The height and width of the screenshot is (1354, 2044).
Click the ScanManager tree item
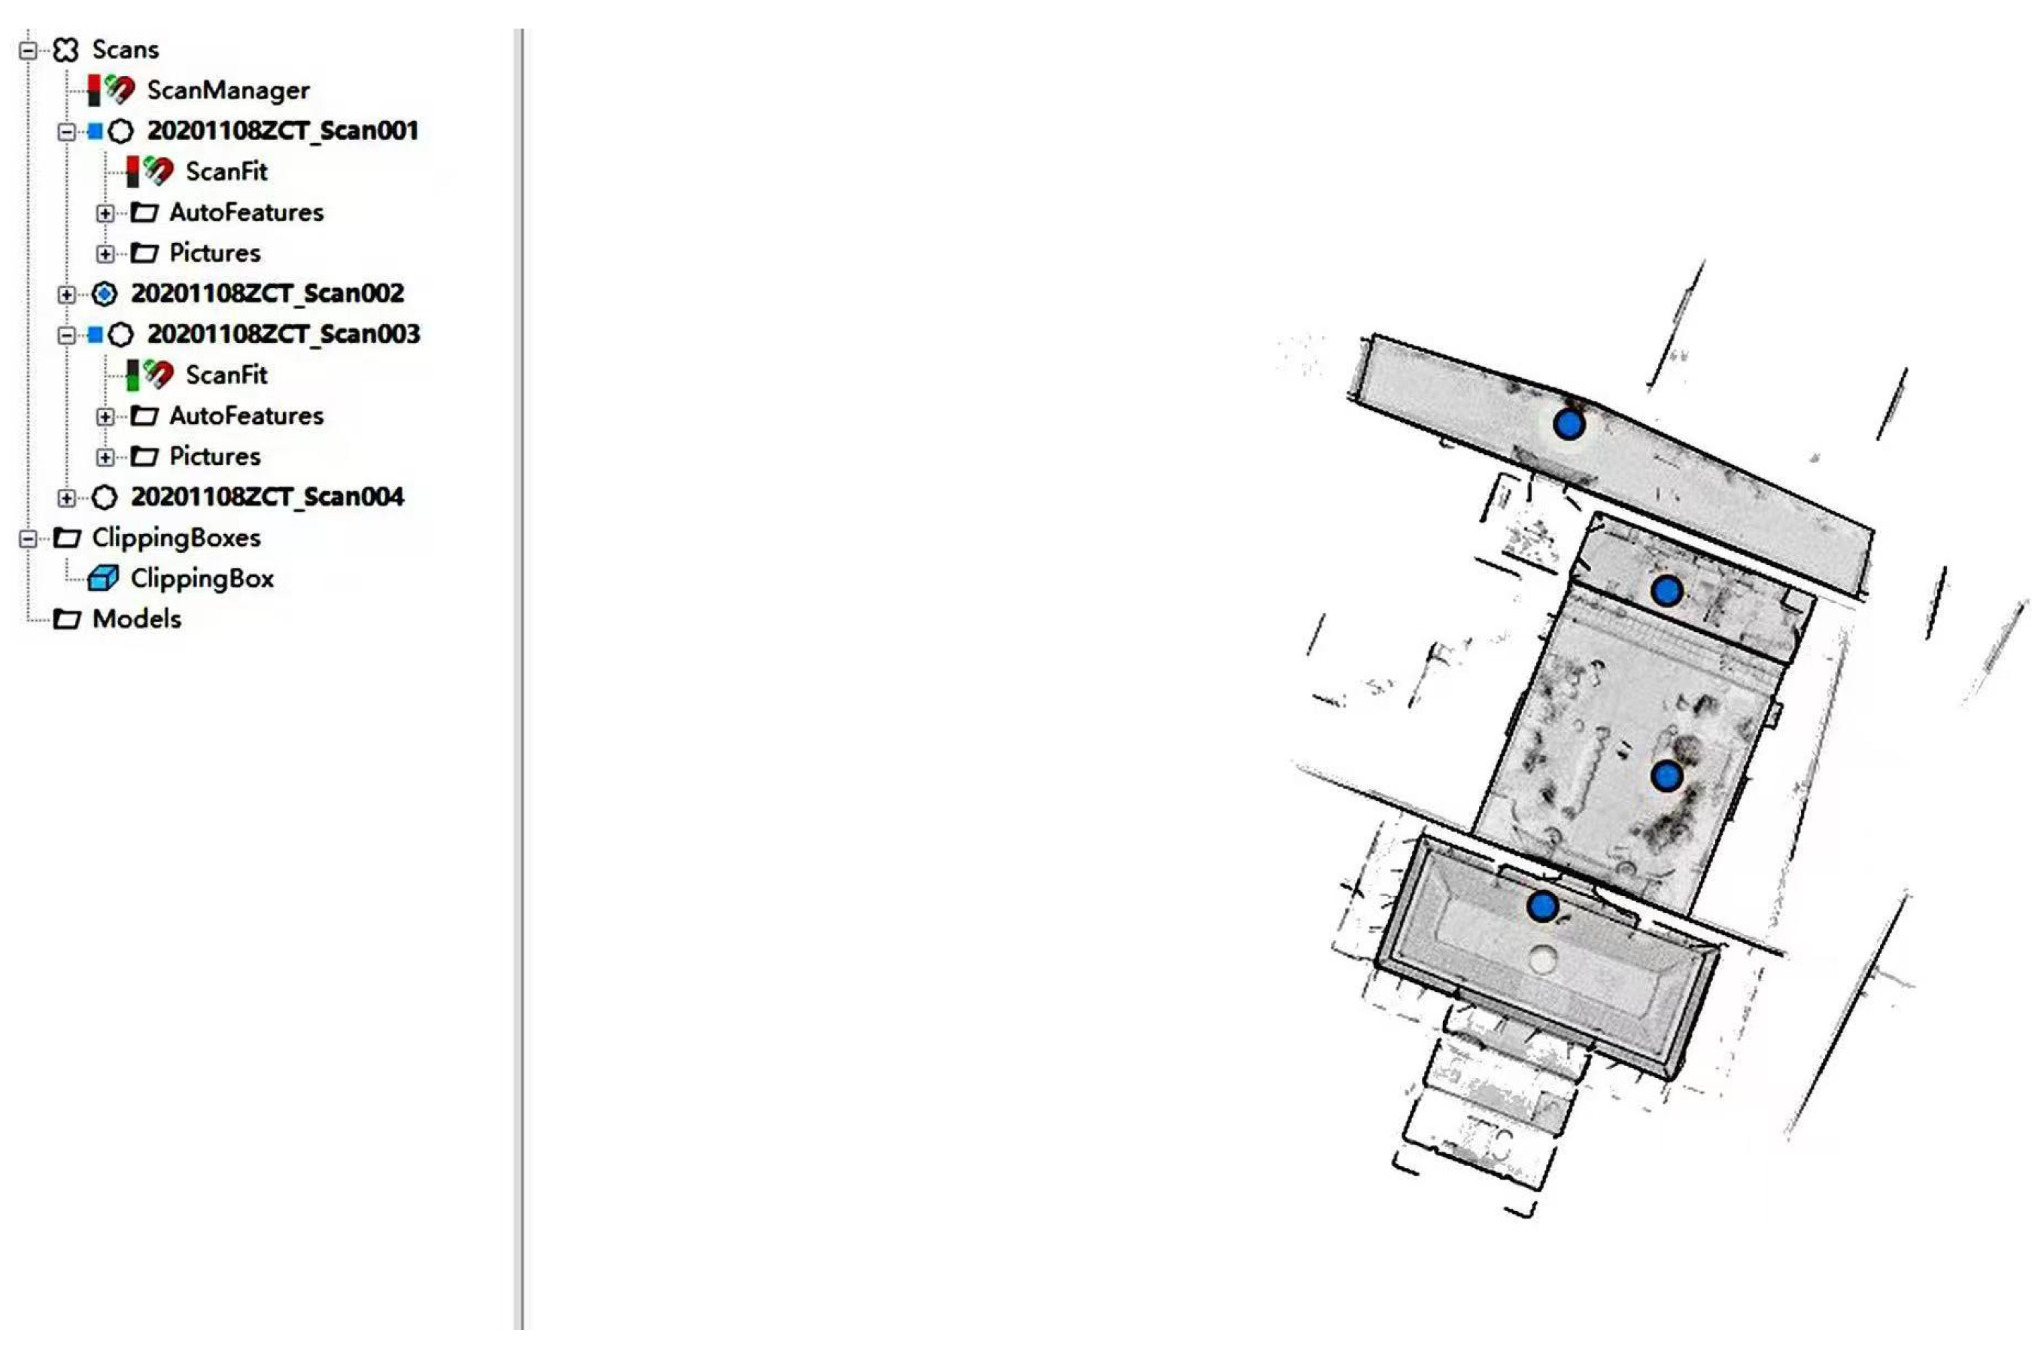click(227, 90)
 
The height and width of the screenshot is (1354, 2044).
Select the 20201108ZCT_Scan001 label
click(282, 130)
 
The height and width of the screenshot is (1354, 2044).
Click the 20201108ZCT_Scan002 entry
click(267, 293)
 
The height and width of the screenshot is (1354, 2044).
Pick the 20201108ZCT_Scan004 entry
click(267, 497)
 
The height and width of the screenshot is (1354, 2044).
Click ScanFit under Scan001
click(226, 172)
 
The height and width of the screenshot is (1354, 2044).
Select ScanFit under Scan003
click(226, 375)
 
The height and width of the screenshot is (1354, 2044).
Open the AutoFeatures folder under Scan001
click(246, 212)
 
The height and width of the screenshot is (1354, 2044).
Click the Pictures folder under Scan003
click(214, 457)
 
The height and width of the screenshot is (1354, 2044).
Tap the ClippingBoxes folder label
click(176, 538)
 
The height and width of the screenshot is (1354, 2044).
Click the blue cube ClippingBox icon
click(104, 578)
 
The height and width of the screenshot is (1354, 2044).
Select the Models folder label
click(136, 619)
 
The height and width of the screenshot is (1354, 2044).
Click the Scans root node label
click(125, 49)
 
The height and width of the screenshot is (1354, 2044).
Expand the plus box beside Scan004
click(66, 498)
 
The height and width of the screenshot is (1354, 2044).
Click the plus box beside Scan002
click(66, 294)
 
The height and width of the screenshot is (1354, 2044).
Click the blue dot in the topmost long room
click(1569, 424)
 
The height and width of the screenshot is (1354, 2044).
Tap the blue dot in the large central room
click(1666, 776)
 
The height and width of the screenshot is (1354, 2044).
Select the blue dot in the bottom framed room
click(1542, 906)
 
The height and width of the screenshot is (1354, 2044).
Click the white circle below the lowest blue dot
click(1542, 959)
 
